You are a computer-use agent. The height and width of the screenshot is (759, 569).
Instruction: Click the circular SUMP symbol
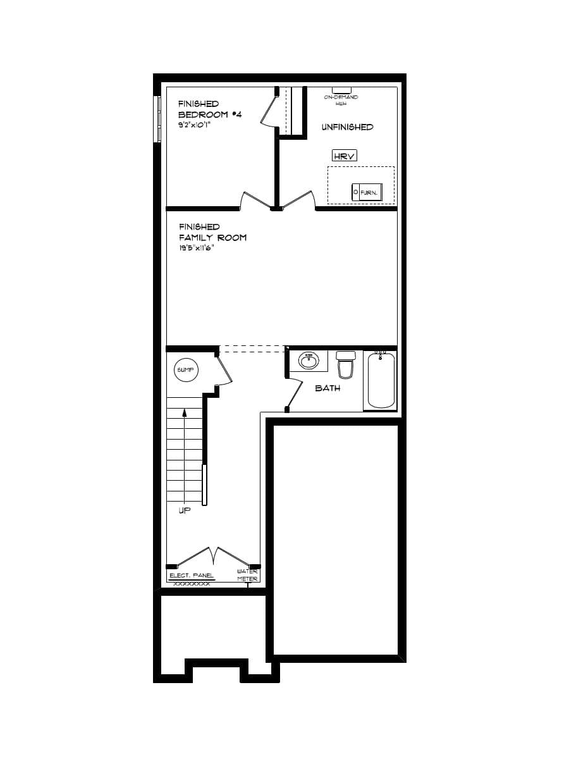(186, 369)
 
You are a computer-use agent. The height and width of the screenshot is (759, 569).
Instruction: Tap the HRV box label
(345, 156)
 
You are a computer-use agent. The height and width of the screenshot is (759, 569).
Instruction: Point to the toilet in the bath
(346, 365)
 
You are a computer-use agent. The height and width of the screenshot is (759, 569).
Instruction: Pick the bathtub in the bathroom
(381, 380)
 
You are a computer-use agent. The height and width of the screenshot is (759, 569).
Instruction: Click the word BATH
(327, 388)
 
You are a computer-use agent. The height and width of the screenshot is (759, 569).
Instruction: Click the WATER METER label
(247, 575)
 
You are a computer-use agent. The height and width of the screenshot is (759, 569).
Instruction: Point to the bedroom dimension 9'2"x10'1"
(193, 125)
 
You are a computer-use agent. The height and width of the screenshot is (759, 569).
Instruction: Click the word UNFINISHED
(347, 127)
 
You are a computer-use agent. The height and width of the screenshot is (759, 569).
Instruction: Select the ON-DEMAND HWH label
(341, 99)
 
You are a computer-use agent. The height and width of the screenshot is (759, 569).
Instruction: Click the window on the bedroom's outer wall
(157, 120)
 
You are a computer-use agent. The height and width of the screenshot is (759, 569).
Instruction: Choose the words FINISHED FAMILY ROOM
(212, 232)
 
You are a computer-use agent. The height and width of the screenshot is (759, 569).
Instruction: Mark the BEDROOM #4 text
(210, 114)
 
